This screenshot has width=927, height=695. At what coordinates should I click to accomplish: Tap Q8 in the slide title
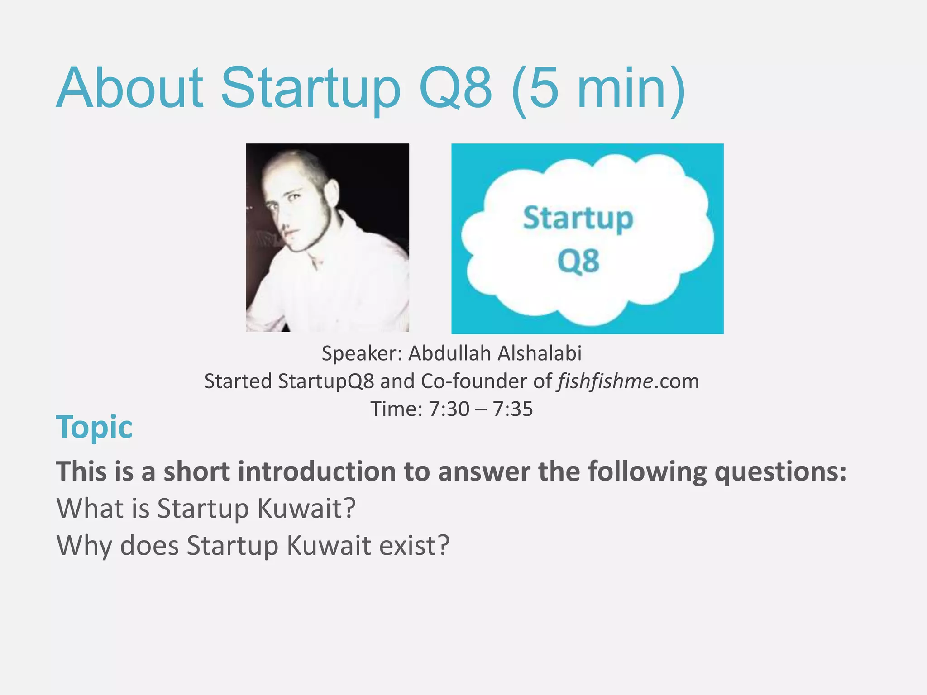tap(455, 88)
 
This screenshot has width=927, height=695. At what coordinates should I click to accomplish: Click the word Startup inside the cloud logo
tap(578, 219)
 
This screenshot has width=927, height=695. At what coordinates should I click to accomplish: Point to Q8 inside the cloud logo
tap(578, 262)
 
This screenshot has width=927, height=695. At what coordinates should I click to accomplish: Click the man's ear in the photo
tap(332, 192)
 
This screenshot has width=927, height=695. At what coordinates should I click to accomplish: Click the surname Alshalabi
tap(540, 353)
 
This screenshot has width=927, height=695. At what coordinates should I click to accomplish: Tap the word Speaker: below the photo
tap(362, 353)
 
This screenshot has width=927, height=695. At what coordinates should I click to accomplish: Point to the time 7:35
tap(513, 409)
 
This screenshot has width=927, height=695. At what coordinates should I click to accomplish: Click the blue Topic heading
tap(94, 427)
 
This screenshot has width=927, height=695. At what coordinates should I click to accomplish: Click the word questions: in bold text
tap(780, 471)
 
